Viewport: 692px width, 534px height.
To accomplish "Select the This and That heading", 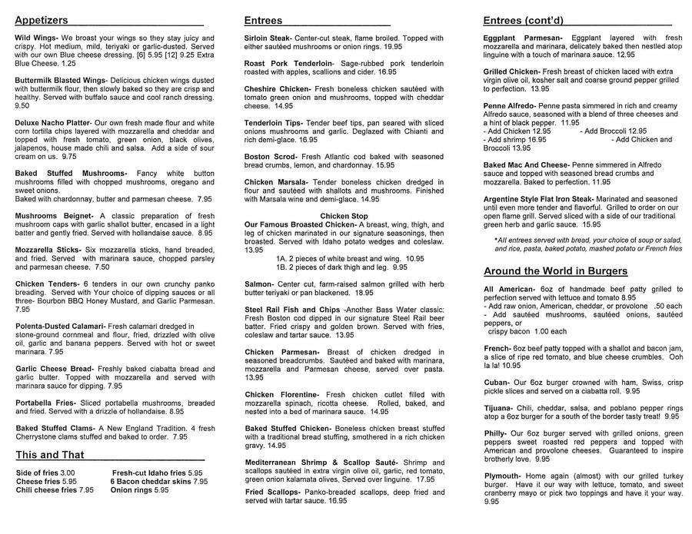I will [x=50, y=454].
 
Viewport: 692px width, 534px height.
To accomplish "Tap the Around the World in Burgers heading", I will [x=555, y=271].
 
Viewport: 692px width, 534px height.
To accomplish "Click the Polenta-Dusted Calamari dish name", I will [x=59, y=326].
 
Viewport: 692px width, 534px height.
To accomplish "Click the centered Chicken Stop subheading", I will [x=344, y=216].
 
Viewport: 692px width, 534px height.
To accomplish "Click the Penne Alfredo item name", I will [x=510, y=105].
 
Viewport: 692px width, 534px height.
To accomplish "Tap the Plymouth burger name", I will [x=503, y=476].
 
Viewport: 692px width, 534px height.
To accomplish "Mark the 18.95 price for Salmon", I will [x=364, y=292].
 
